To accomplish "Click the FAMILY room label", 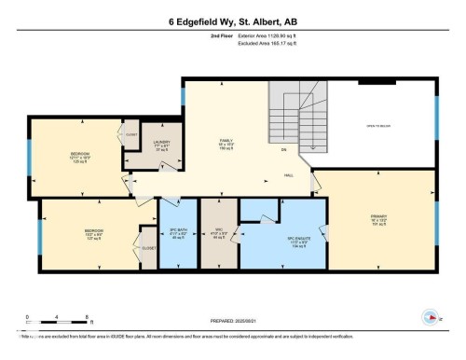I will click(225, 145).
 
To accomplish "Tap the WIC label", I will click(220, 233).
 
